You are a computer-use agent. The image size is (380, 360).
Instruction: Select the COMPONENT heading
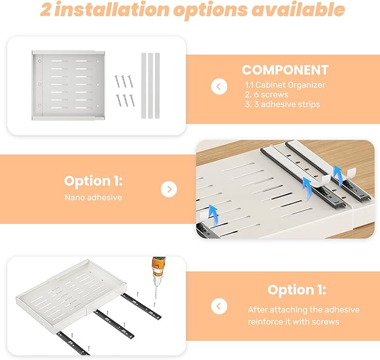pyautogui.click(x=285, y=70)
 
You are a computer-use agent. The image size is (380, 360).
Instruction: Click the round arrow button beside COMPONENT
pyautogui.click(x=218, y=87)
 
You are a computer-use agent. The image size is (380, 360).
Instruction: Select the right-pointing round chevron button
pyautogui.click(x=168, y=189)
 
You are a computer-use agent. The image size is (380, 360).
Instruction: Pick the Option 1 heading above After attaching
pyautogui.click(x=297, y=290)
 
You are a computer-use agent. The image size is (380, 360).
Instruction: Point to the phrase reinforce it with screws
pyautogui.click(x=293, y=321)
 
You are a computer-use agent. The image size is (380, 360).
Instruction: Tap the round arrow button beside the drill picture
pyautogui.click(x=219, y=306)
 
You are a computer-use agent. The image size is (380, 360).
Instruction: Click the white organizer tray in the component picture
pyautogui.click(x=67, y=85)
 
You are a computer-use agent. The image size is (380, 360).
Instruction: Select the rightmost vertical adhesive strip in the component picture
pyautogui.click(x=157, y=85)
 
